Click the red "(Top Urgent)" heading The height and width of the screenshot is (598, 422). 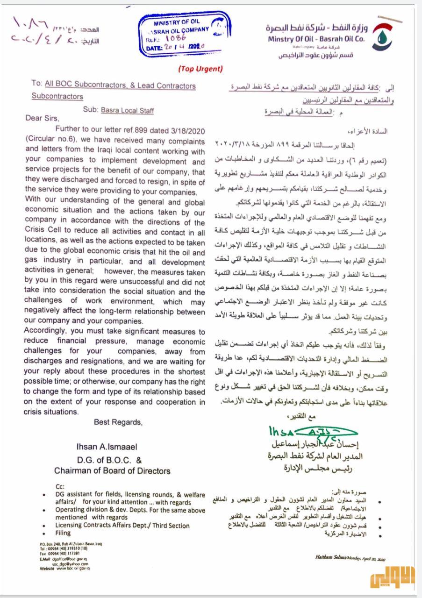(x=200, y=69)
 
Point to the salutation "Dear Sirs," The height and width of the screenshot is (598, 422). (x=43, y=118)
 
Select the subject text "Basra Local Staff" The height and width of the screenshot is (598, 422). (x=127, y=111)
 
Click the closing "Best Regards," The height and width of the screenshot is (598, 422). (x=118, y=422)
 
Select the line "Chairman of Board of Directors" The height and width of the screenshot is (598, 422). (x=112, y=470)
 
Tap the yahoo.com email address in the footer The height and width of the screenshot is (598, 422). (x=70, y=563)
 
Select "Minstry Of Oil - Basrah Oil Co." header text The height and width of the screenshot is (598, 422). (x=316, y=39)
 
